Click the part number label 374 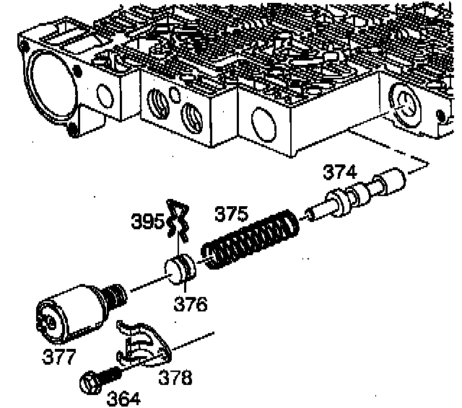339,172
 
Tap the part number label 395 147,221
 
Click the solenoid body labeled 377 68,311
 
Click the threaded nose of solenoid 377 114,294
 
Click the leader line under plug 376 186,286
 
